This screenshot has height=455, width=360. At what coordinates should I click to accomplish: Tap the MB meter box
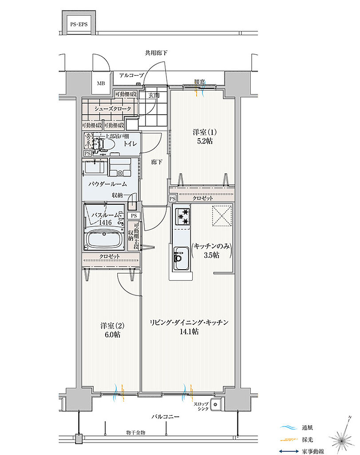pos(102,83)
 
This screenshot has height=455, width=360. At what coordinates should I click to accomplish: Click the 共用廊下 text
pos(156,53)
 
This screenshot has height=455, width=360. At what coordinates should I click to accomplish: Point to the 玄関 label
pos(154,95)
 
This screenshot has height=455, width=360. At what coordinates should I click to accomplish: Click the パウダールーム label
pos(107,184)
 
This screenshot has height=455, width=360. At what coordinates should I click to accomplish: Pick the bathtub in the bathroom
pos(105,241)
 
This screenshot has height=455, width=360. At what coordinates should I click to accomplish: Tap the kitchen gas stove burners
pos(182,217)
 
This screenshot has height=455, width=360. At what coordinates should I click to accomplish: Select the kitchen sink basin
pos(181,257)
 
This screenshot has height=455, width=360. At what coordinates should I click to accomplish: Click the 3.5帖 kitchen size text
pos(211,255)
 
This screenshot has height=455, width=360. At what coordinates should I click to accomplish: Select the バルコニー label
pos(165,417)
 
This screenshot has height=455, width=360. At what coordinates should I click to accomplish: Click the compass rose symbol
pos(342,439)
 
